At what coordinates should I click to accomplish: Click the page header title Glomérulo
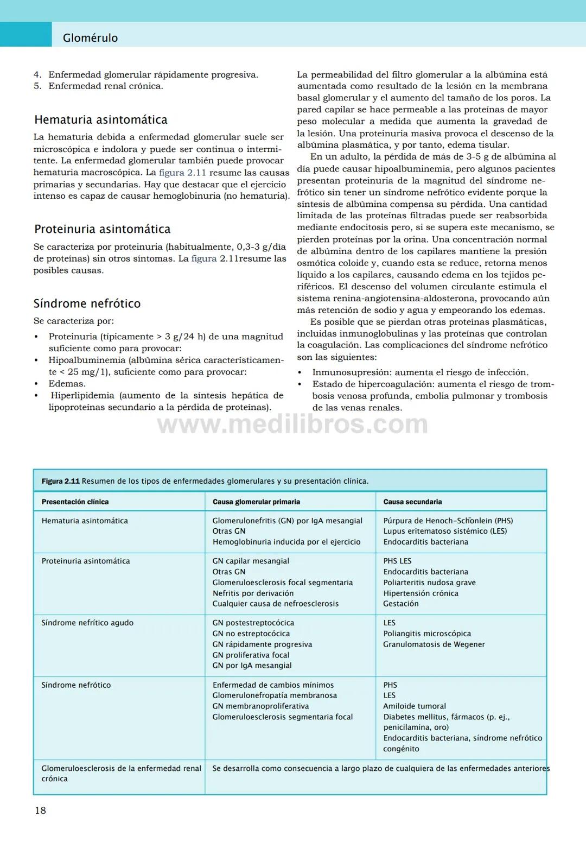click(90, 38)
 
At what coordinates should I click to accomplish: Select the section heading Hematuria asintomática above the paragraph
click(101, 120)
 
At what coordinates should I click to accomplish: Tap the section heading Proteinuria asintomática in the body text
click(103, 229)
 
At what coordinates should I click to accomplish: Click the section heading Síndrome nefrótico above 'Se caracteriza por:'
click(87, 303)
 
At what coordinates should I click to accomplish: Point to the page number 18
click(41, 811)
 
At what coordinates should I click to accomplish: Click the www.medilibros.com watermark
click(292, 424)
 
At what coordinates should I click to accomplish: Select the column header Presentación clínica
click(75, 502)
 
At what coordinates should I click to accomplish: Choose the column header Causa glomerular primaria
click(256, 502)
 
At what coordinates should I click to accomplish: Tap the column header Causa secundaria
click(412, 502)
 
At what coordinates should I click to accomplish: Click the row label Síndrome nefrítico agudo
click(87, 623)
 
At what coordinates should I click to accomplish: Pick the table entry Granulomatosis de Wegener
click(434, 644)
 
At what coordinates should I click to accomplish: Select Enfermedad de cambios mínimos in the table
click(273, 685)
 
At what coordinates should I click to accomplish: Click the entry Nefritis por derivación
click(253, 593)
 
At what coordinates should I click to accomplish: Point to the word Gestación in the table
click(401, 604)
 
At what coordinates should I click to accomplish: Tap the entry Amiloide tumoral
click(415, 706)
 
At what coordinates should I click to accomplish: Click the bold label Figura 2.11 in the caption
click(61, 481)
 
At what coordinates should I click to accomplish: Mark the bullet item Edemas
click(67, 384)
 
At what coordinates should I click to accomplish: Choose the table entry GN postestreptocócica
click(253, 623)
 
